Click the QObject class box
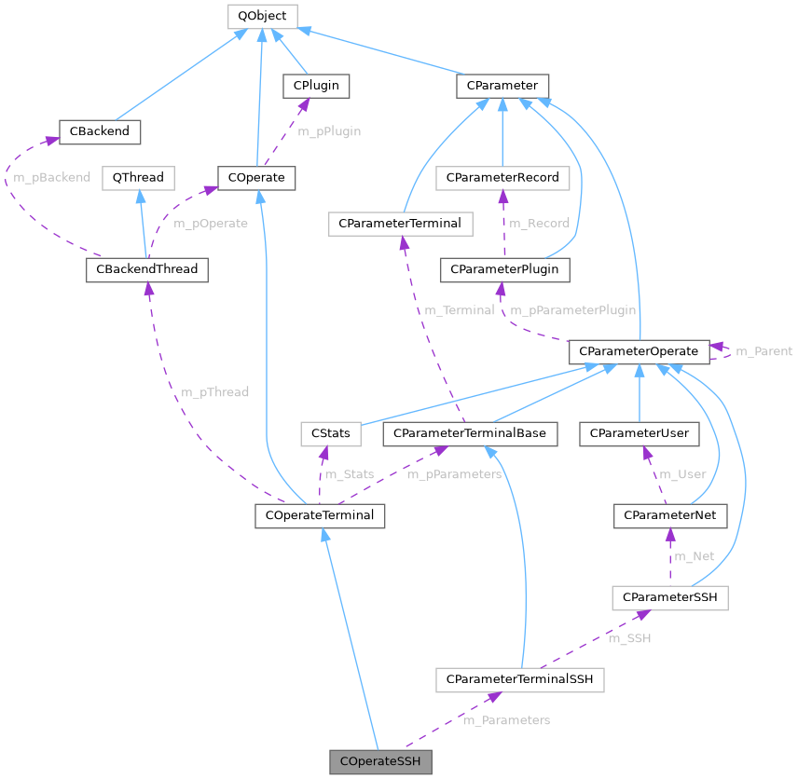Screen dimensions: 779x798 (x=262, y=16)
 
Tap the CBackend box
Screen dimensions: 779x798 (x=99, y=132)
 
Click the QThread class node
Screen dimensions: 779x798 (x=138, y=177)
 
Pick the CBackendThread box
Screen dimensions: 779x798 (x=146, y=270)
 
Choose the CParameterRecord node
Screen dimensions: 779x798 (x=502, y=177)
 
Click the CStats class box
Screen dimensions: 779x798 (x=323, y=433)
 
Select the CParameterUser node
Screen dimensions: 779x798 (x=640, y=433)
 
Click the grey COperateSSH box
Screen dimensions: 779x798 (x=380, y=761)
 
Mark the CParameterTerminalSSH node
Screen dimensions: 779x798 (x=520, y=681)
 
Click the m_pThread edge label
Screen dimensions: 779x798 (x=214, y=392)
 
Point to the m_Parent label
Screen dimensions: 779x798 (x=764, y=351)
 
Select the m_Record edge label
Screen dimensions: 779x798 (x=539, y=224)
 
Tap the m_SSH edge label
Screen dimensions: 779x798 (x=629, y=638)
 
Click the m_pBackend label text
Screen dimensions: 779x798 (x=51, y=177)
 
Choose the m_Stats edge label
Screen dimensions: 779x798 (x=351, y=474)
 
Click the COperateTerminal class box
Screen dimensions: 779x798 (x=320, y=514)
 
